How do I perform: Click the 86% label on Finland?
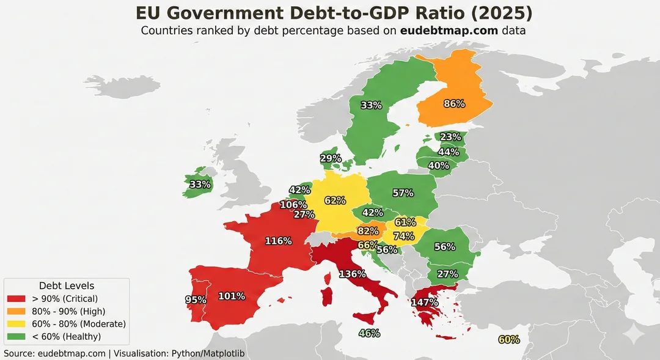point(454,104)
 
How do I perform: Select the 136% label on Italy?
point(352,273)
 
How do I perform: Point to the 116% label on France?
point(278,241)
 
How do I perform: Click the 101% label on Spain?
point(232,296)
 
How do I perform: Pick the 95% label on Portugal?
point(196,300)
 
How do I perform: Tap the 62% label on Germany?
point(335,200)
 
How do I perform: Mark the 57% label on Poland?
point(403,193)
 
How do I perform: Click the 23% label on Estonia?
point(450,138)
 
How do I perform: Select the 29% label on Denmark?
point(331,158)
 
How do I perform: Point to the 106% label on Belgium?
point(293,205)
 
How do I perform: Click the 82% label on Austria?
point(367,230)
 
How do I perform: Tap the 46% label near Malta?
point(369,333)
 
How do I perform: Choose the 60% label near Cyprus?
point(509,340)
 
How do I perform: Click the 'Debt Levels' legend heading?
point(67,285)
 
